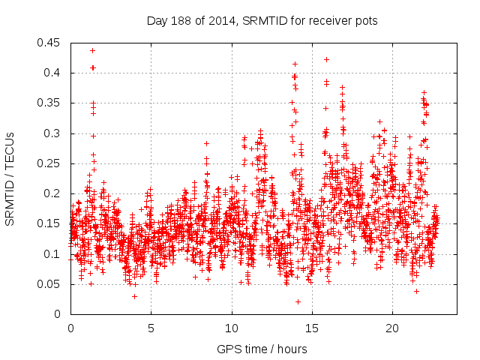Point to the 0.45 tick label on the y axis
tap(49, 43)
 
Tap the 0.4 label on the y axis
tap(52, 73)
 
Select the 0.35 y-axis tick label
tap(49, 103)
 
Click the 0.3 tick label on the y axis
tap(52, 133)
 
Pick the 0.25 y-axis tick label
tap(49, 163)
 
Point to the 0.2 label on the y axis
tap(52, 193)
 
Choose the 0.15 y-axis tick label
tap(49, 223)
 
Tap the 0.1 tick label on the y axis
tap(52, 254)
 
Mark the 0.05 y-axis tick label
tap(49, 284)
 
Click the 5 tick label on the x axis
tap(151, 328)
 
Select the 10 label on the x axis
tap(232, 328)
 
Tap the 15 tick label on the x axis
tap(312, 328)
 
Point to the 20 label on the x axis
tap(392, 328)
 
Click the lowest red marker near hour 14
tap(298, 301)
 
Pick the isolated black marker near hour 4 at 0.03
tap(134, 296)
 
